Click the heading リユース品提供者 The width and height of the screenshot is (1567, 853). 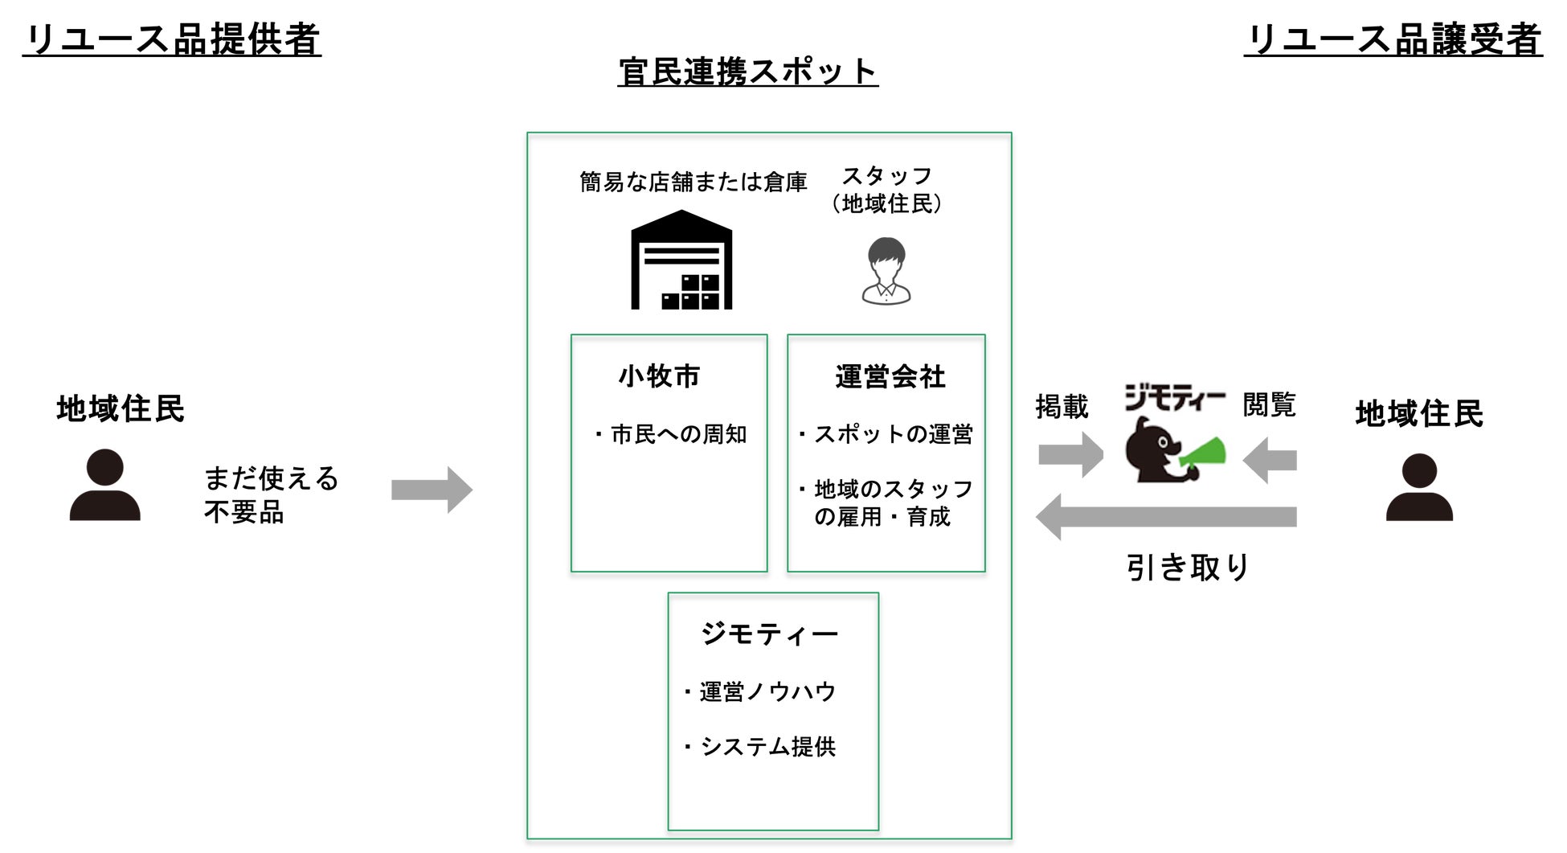172,39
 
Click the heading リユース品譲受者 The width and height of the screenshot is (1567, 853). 1393,39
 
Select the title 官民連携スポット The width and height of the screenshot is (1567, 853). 747,72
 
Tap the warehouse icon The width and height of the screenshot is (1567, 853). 681,260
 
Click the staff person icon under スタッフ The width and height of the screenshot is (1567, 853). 886,271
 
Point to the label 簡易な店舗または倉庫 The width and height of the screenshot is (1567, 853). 693,182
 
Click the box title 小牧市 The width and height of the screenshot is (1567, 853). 660,376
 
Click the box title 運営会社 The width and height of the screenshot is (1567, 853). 890,376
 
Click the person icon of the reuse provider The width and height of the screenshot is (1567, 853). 105,485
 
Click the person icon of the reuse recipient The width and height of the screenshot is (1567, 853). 1419,487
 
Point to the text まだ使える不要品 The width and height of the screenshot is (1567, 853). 270,494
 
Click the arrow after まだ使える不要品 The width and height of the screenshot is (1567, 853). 432,490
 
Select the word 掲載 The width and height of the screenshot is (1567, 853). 1062,407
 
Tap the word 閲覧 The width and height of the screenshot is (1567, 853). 1269,404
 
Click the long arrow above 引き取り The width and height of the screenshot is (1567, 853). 1166,517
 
